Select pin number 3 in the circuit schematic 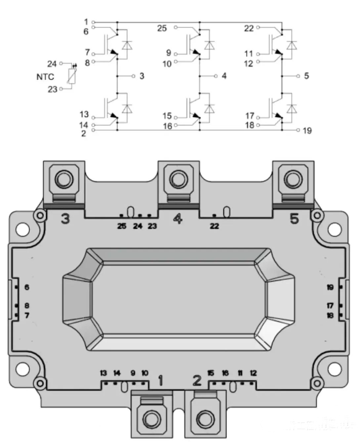[x=142, y=76]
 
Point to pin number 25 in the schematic [x=161, y=28]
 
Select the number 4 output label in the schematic [x=224, y=76]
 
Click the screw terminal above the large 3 [x=62, y=180]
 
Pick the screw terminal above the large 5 [x=291, y=180]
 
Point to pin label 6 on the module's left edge [x=27, y=288]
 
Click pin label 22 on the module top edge [x=214, y=226]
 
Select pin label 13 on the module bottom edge [x=103, y=373]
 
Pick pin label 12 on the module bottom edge [x=253, y=373]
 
